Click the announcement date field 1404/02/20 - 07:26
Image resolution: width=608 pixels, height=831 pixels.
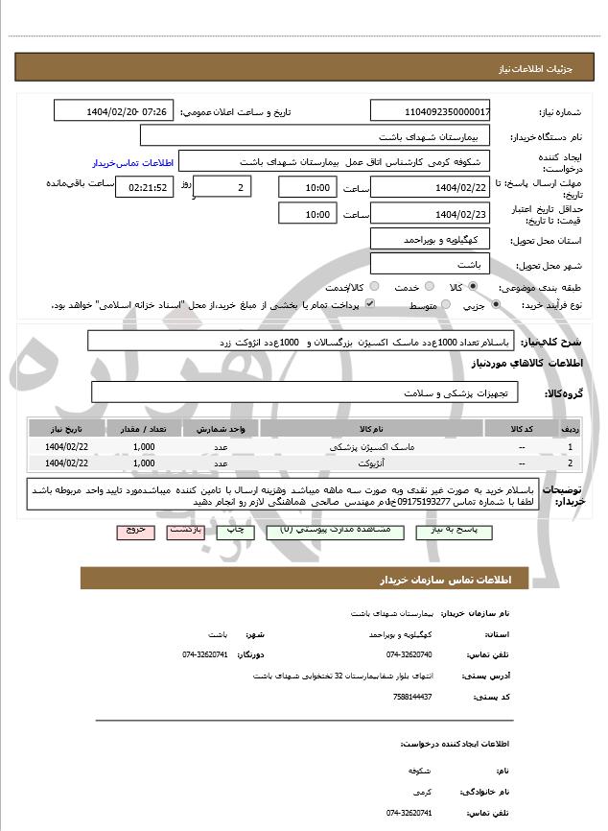click(x=115, y=111)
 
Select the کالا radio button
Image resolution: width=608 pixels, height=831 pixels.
click(x=473, y=287)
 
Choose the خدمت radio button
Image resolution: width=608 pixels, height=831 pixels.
click(x=429, y=287)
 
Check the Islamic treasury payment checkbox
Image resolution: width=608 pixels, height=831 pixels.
click(x=369, y=304)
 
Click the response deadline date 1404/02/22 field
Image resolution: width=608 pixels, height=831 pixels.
click(x=431, y=187)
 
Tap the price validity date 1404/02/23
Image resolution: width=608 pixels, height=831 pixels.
click(x=431, y=214)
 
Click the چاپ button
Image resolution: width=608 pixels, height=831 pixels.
click(x=234, y=530)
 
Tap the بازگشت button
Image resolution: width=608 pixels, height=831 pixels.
click(x=184, y=530)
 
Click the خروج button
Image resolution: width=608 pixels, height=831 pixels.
click(x=134, y=530)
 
